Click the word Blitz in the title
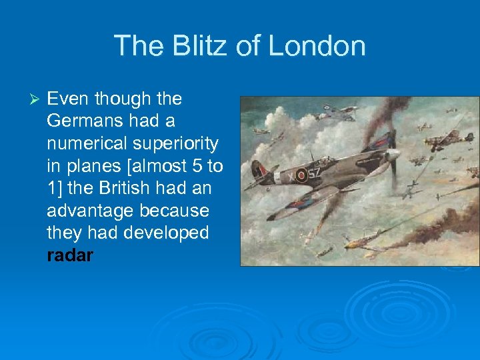(190, 46)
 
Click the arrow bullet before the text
(37, 99)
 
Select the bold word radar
(70, 255)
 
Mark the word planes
(88, 166)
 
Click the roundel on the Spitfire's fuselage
(301, 175)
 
